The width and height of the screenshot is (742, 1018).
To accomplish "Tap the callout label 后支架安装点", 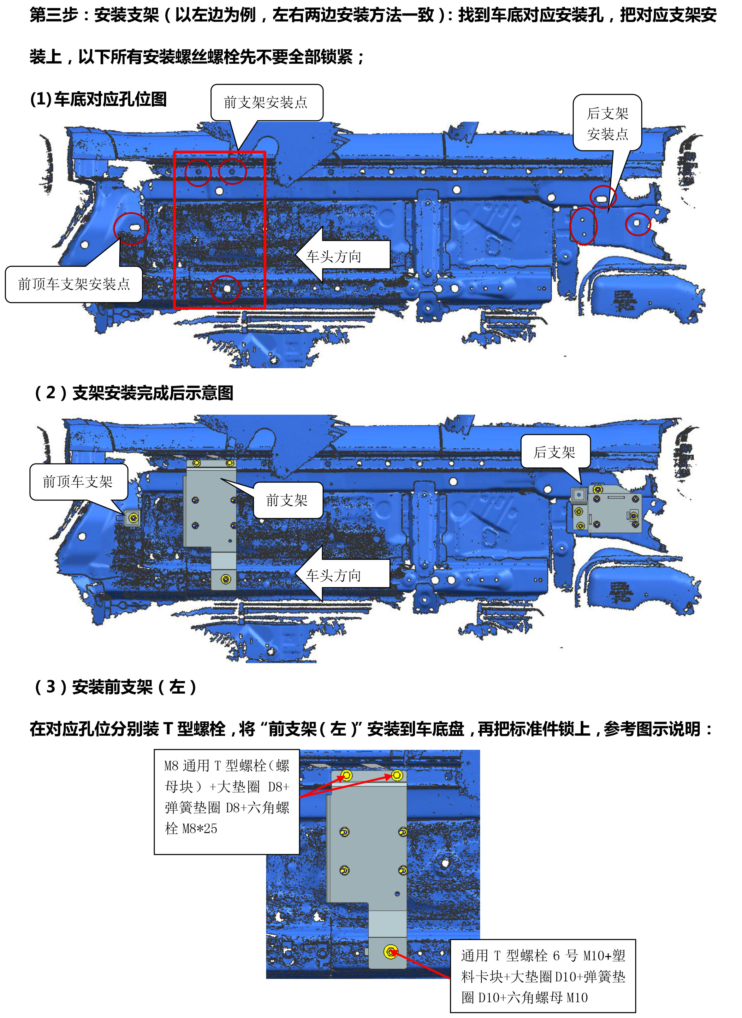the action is tap(607, 123).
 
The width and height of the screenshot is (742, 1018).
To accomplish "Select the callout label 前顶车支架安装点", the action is tap(74, 284).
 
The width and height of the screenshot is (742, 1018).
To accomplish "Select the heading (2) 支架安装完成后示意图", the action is tap(134, 393).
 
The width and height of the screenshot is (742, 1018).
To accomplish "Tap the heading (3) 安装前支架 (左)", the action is tap(116, 687).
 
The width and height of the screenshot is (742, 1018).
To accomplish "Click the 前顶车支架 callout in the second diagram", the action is tap(79, 482).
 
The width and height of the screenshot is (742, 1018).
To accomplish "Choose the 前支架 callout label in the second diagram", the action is tap(288, 500).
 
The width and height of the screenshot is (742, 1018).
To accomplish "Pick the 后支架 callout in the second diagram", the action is tap(555, 452).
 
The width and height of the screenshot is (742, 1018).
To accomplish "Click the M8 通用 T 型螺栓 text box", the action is tap(227, 802).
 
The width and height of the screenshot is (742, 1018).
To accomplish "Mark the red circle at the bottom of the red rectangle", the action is tap(226, 289).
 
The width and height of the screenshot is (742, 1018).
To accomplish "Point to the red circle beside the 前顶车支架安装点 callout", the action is tap(131, 228).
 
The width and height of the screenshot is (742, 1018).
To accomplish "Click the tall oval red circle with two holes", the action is tap(584, 226).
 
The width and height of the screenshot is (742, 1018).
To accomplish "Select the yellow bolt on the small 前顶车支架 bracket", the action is tap(133, 518).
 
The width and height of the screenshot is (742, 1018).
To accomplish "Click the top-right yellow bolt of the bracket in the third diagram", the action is tap(397, 775).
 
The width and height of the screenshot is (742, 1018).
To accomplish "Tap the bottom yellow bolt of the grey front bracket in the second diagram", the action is tap(226, 579).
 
